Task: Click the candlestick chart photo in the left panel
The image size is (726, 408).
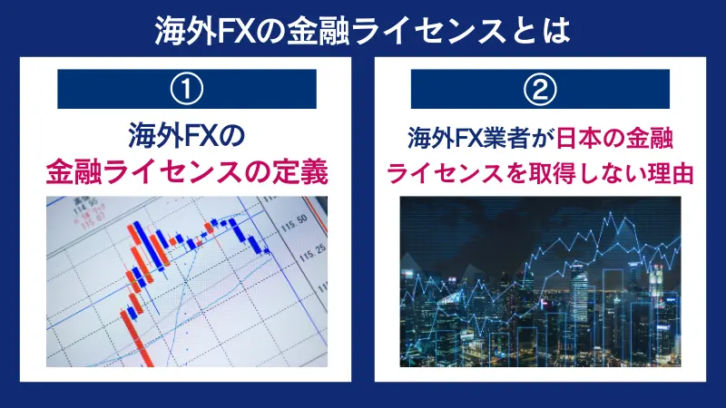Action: point(186,282)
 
